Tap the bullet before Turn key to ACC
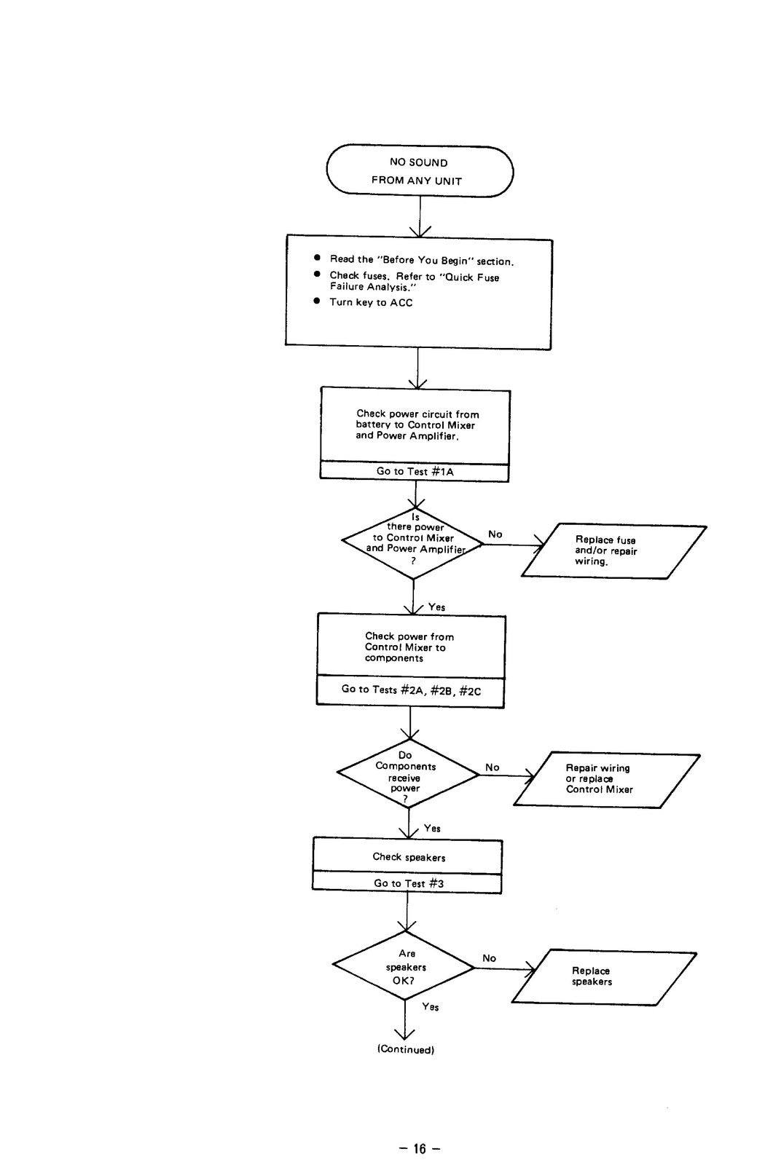[317, 301]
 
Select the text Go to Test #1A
[415, 471]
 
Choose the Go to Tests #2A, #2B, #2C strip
[410, 691]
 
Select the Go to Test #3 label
[409, 883]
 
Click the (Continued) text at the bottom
[406, 1049]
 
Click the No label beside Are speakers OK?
[489, 958]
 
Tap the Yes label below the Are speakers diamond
[431, 1007]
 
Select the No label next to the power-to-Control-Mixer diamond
[495, 534]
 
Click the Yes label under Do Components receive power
[432, 829]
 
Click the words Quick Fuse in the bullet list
[471, 277]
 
